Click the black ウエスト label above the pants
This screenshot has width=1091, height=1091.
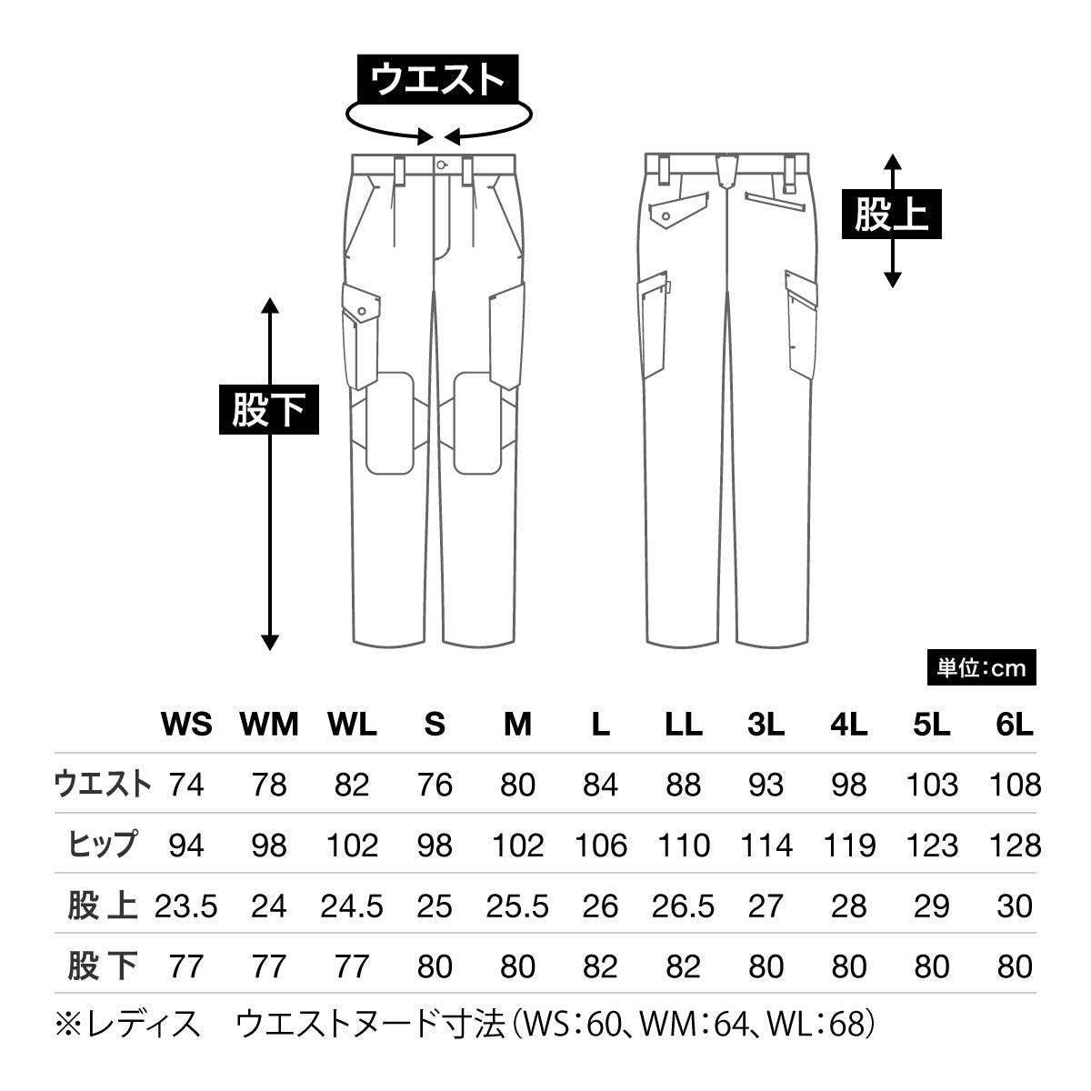pyautogui.click(x=437, y=79)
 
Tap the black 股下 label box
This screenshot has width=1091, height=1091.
pyautogui.click(x=268, y=410)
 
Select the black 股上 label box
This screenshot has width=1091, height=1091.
pyautogui.click(x=891, y=215)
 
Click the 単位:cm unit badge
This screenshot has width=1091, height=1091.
pyautogui.click(x=981, y=668)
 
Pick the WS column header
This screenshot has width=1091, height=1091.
pyautogui.click(x=186, y=725)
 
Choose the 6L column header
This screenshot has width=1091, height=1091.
pyautogui.click(x=1015, y=725)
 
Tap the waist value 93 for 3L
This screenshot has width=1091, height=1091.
pyautogui.click(x=765, y=785)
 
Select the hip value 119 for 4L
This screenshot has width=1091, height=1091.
pyautogui.click(x=848, y=846)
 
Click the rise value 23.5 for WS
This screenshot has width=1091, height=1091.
pyautogui.click(x=186, y=906)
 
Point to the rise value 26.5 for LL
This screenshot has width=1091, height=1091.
pyautogui.click(x=683, y=906)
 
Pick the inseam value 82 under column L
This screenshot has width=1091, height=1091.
pyautogui.click(x=600, y=966)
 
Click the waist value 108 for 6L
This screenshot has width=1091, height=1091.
pyautogui.click(x=1015, y=785)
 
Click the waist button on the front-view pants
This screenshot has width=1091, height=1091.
pyautogui.click(x=441, y=165)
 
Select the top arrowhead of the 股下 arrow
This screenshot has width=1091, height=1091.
pyautogui.click(x=269, y=304)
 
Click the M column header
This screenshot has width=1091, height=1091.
pyautogui.click(x=517, y=725)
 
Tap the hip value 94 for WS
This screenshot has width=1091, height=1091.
pyautogui.click(x=186, y=846)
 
